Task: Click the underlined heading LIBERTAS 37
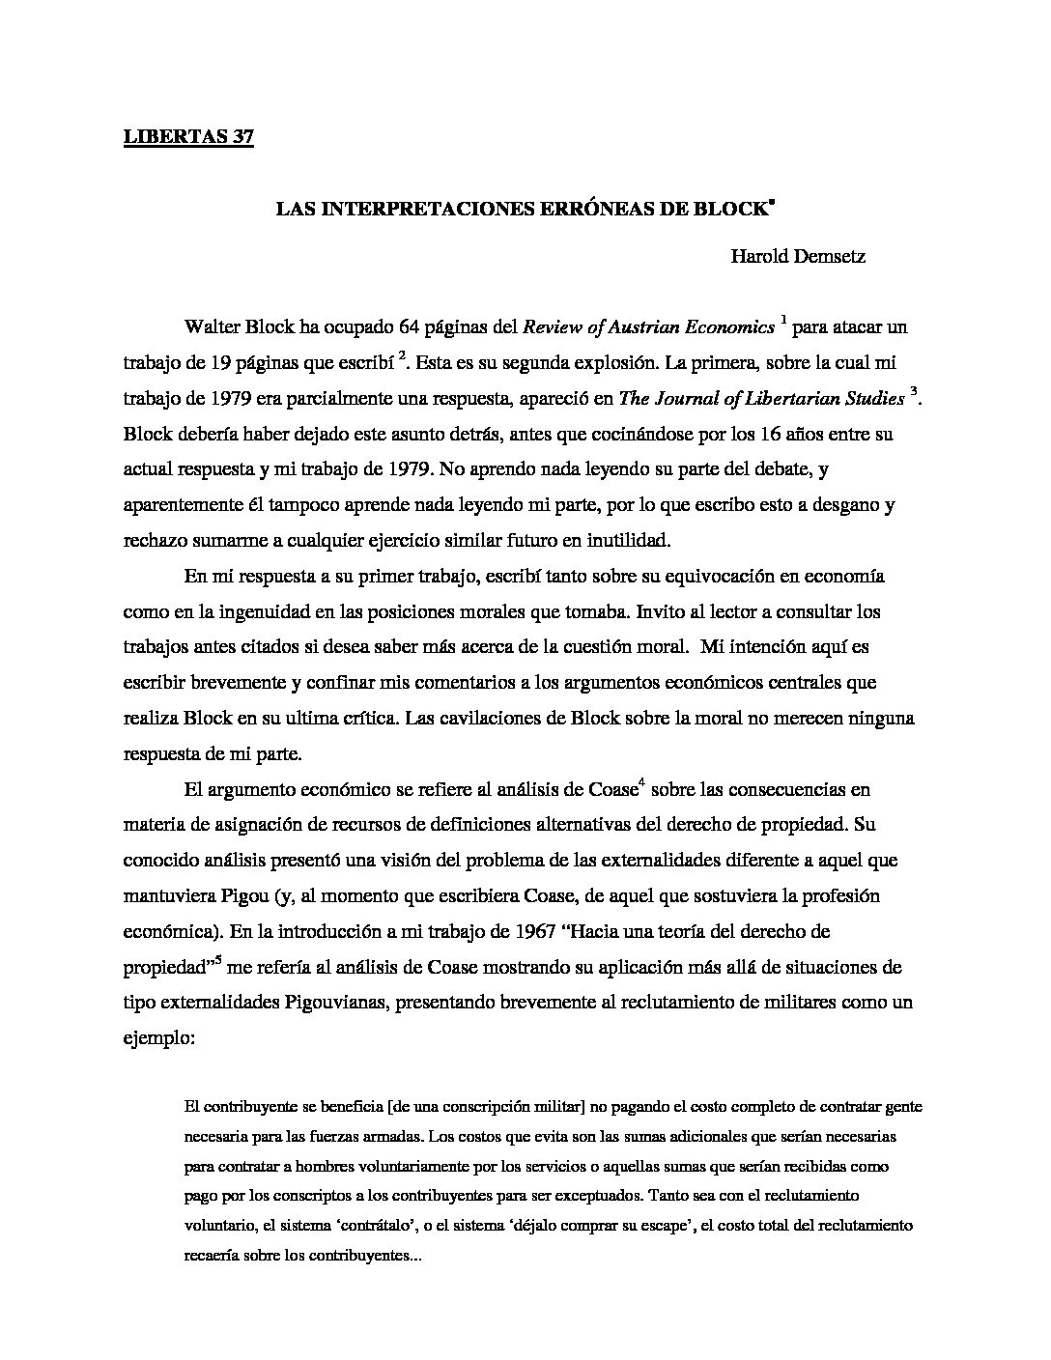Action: (188, 137)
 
